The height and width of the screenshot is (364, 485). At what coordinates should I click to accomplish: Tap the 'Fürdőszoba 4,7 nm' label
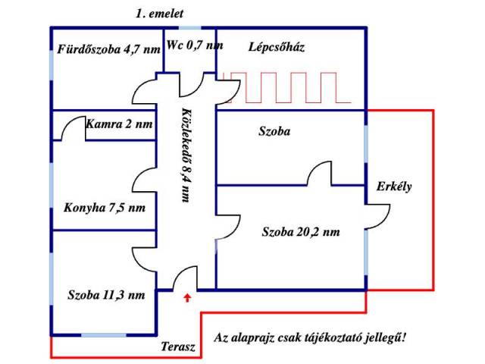[x=108, y=51]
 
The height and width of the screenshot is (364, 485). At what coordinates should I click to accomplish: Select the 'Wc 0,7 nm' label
[x=195, y=45]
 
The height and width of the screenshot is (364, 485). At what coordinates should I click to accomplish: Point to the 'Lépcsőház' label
[x=277, y=47]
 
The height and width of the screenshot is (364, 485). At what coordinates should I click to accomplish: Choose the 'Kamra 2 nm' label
[x=120, y=124]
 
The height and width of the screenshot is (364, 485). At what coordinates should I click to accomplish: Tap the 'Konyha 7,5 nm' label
[x=105, y=208]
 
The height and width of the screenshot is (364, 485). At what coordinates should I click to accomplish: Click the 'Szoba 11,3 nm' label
[x=105, y=296]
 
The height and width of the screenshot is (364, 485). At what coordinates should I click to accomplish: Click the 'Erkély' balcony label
[x=394, y=187]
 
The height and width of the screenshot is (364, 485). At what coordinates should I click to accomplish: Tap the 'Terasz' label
[x=178, y=347]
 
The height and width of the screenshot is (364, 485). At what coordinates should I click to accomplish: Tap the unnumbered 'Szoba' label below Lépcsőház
[x=274, y=131]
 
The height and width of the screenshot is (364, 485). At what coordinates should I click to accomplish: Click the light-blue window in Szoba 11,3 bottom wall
[x=103, y=334]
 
